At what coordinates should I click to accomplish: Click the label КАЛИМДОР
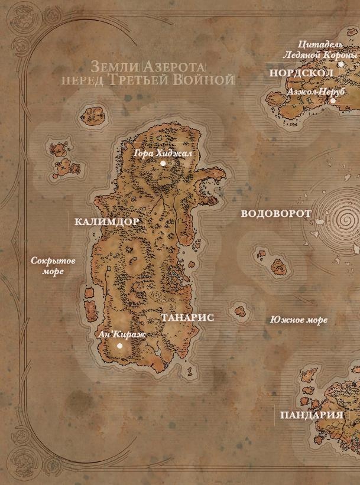107,222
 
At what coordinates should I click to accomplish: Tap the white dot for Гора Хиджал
163,163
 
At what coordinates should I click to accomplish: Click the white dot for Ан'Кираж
120,346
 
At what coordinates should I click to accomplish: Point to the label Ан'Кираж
124,334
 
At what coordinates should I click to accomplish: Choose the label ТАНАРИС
187,318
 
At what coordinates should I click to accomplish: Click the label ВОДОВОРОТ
276,214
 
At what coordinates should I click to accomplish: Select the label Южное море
299,320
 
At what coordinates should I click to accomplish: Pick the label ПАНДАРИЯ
312,415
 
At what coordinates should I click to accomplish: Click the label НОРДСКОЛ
301,73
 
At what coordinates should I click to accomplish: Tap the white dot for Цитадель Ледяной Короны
341,64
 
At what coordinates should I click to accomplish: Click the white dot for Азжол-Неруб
333,100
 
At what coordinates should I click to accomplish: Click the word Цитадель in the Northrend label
321,44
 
